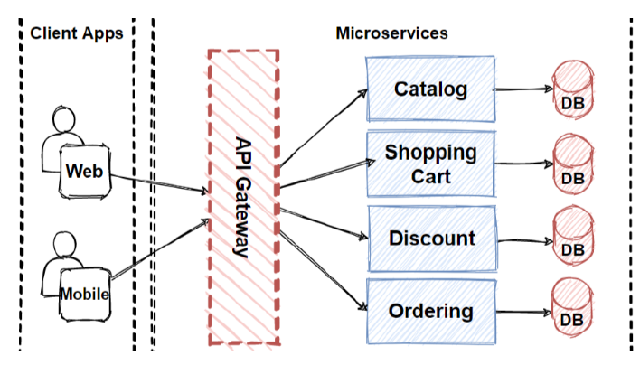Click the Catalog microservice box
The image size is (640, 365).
click(430, 89)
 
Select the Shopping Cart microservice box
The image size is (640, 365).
click(430, 164)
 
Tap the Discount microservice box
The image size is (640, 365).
click(431, 239)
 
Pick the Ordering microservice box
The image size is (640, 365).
click(430, 312)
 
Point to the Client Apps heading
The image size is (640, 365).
click(77, 33)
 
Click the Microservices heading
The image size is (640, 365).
click(391, 33)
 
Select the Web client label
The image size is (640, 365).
click(85, 171)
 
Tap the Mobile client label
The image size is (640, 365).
click(85, 294)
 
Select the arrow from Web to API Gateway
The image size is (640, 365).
click(159, 182)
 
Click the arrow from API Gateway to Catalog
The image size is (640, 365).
click(323, 126)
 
